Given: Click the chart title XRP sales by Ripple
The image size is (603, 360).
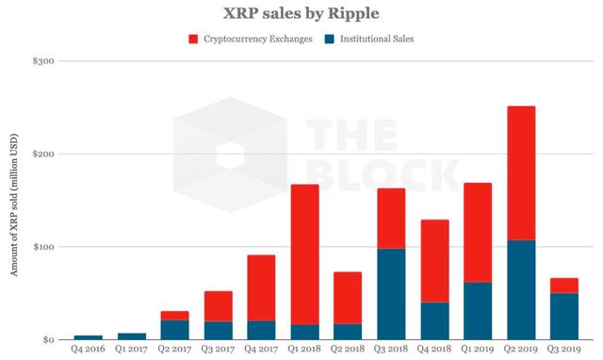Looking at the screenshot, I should tap(301, 14).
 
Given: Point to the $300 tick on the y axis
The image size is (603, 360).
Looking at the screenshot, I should tap(42, 61).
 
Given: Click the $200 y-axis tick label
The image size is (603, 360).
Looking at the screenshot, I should tap(42, 154).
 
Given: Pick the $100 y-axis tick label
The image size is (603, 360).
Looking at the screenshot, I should tap(42, 247).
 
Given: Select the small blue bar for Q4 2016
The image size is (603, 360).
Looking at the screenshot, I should tap(88, 336).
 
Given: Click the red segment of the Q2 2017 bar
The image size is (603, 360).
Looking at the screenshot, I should tap(174, 316).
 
